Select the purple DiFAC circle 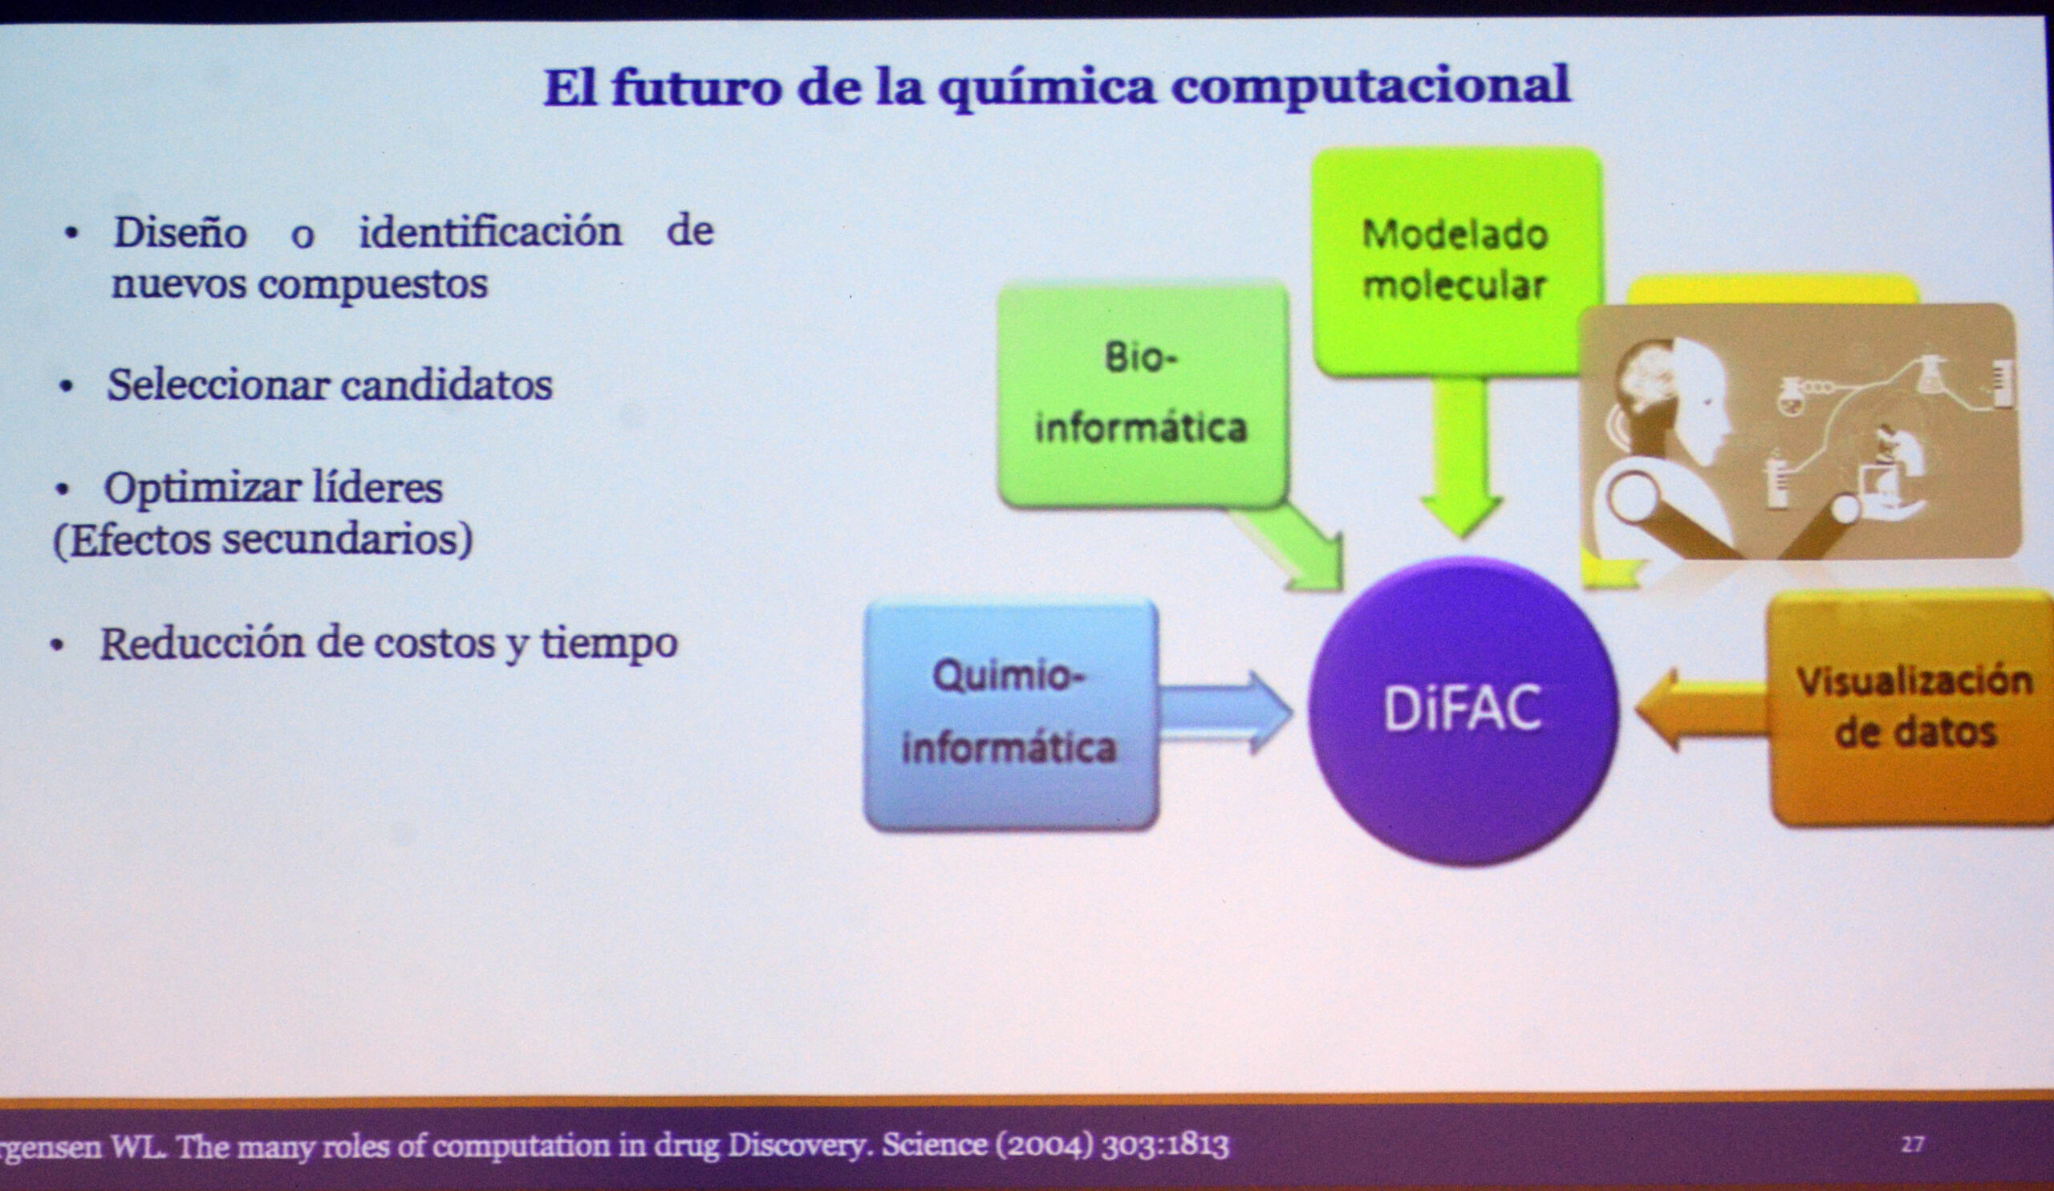[1462, 710]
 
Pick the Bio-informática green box [1143, 395]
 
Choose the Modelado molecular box [1455, 262]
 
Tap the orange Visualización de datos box [1911, 709]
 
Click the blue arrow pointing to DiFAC [1225, 712]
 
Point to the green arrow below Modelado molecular [1460, 457]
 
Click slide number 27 [1912, 1144]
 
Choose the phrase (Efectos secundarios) [262, 539]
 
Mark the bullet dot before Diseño [71, 234]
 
